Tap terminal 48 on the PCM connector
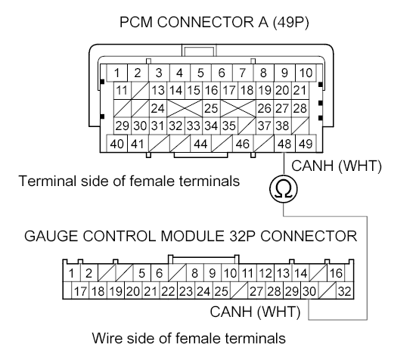[x=284, y=143]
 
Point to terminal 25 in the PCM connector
[x=211, y=108]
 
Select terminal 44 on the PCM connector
[x=200, y=143]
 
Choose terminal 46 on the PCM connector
[x=243, y=143]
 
